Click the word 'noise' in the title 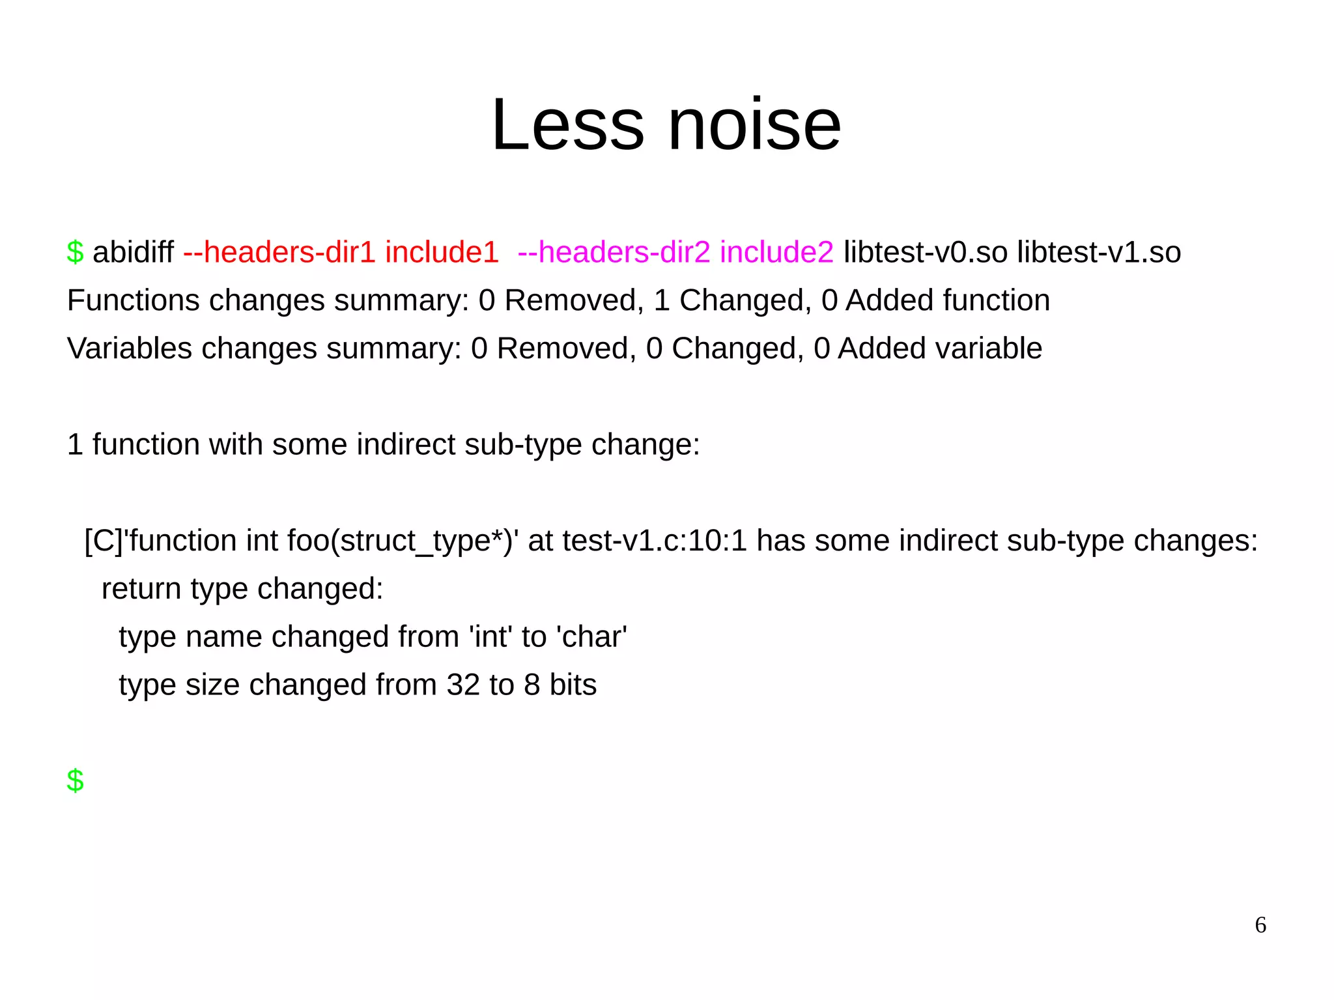pyautogui.click(x=754, y=125)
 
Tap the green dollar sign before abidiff pyautogui.click(x=75, y=253)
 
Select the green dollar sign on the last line pyautogui.click(x=75, y=780)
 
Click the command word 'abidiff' pyautogui.click(x=133, y=253)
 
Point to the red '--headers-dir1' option pyautogui.click(x=279, y=253)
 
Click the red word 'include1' pyautogui.click(x=442, y=253)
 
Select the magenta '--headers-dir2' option pyautogui.click(x=614, y=253)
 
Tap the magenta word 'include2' pyautogui.click(x=776, y=253)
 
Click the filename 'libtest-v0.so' pyautogui.click(x=925, y=253)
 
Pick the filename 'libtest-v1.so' pyautogui.click(x=1099, y=253)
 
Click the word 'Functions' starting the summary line pyautogui.click(x=134, y=301)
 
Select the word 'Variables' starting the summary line pyautogui.click(x=130, y=349)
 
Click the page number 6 pyautogui.click(x=1260, y=925)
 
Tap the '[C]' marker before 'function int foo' pyautogui.click(x=104, y=541)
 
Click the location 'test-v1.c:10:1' pyautogui.click(x=654, y=541)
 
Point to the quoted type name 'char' pyautogui.click(x=591, y=637)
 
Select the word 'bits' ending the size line pyautogui.click(x=573, y=685)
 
